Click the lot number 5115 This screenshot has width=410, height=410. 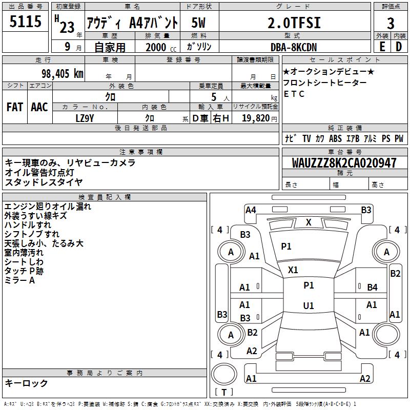tap(25, 21)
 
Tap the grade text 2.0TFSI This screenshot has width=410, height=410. tap(294, 23)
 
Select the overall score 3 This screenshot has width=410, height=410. tap(391, 23)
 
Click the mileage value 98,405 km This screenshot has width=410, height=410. tap(63, 74)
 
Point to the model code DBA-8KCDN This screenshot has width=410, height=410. tap(294, 47)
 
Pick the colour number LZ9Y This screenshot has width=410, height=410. tap(85, 118)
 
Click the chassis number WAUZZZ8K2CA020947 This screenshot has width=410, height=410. tap(344, 163)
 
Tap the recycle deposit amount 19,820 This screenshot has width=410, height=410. tap(256, 118)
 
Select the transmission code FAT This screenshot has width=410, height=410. tap(15, 107)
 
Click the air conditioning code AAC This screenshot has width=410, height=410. tap(39, 107)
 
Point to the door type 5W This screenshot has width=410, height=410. tap(198, 23)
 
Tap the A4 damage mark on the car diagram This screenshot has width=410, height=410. tap(251, 210)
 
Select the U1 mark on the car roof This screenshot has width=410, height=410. tap(309, 305)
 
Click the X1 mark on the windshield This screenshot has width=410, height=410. tap(293, 270)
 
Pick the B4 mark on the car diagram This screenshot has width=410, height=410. tap(373, 287)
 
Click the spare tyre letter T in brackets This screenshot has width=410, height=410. tap(224, 392)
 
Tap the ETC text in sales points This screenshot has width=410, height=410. tap(294, 94)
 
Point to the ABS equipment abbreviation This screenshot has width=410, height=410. tap(335, 138)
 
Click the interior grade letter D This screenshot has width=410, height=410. tap(399, 47)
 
